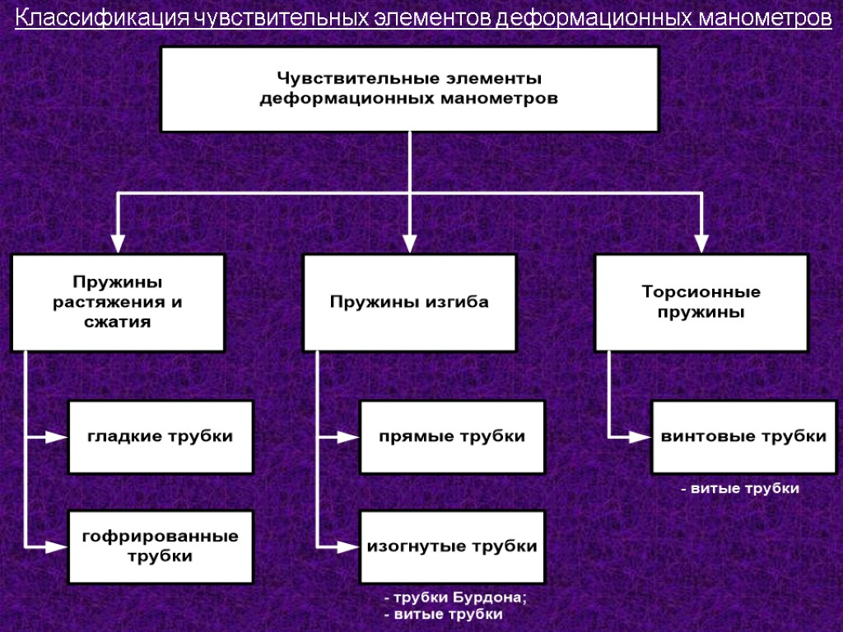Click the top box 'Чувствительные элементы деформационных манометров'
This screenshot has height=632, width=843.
coord(409,89)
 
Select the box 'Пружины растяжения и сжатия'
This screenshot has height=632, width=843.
coord(118,302)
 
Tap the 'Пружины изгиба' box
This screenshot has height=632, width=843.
coord(409,302)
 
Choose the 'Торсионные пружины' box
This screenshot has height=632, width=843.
coord(701,302)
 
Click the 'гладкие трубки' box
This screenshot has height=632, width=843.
coord(161,437)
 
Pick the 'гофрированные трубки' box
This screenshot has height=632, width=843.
coord(161,546)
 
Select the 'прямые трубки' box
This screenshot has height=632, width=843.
coord(452,437)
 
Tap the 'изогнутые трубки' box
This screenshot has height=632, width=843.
coord(452,546)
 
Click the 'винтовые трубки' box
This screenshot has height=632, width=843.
coord(743,437)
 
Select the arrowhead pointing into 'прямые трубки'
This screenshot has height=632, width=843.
coord(348,437)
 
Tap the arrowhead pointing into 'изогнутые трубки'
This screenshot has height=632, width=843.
coord(348,546)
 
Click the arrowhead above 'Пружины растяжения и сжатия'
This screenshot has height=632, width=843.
coord(118,242)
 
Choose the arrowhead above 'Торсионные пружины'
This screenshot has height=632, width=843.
coord(701,242)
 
